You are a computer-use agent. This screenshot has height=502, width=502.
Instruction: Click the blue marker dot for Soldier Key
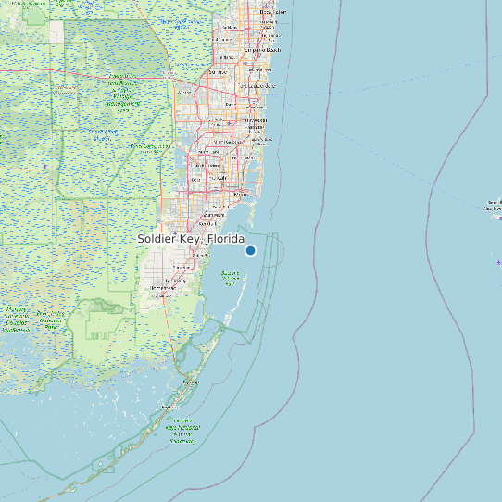tap(250, 250)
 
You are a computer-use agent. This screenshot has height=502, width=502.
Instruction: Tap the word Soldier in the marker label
tap(159, 239)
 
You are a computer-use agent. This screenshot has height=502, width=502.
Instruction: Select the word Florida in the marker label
tap(226, 239)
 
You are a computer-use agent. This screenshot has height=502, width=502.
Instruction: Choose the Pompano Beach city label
tap(263, 50)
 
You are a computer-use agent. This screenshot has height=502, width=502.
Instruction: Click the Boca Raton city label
tap(272, 12)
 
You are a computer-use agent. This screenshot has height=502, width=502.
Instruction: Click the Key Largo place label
tap(191, 381)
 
